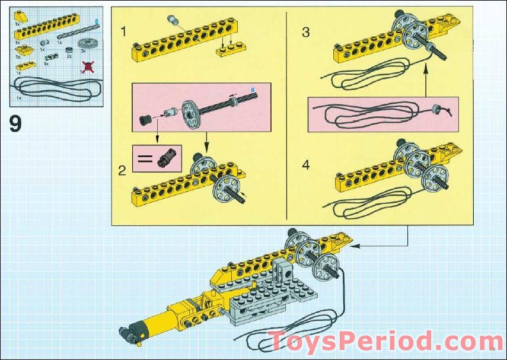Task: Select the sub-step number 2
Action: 122,171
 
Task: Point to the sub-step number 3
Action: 305,32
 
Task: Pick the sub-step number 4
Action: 305,165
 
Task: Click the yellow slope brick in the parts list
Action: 21,15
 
